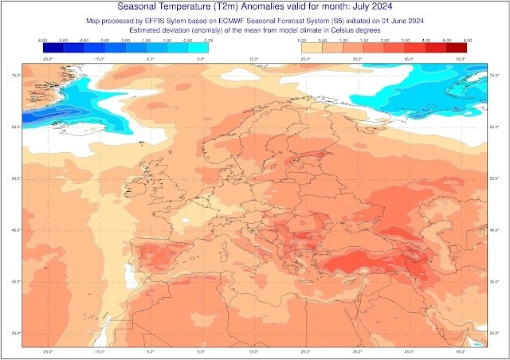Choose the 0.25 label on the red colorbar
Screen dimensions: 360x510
[302, 38]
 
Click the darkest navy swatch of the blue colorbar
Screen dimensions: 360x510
[53, 47]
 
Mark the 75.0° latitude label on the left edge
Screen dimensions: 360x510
[14, 76]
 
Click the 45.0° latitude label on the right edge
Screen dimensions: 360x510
[494, 230]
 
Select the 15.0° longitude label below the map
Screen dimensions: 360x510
[254, 350]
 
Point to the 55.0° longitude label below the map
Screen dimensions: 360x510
[460, 350]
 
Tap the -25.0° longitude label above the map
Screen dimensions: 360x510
[47, 59]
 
